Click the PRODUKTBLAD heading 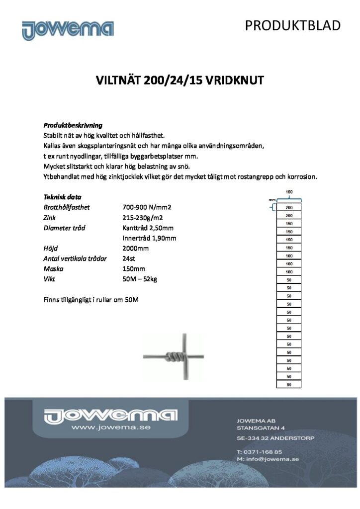(x=293, y=26)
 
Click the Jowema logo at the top (x=68, y=29)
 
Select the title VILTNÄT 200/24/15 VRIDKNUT (x=180, y=81)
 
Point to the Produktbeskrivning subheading (x=73, y=125)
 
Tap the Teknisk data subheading (x=63, y=197)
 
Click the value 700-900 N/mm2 (x=146, y=207)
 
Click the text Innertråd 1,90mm (x=149, y=238)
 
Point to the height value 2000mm (x=135, y=249)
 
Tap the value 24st (x=129, y=258)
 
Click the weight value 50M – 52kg (x=140, y=279)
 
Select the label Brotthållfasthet (x=67, y=207)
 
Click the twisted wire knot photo (x=174, y=356)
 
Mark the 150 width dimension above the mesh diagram (x=289, y=192)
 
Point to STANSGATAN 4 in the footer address (x=261, y=427)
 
